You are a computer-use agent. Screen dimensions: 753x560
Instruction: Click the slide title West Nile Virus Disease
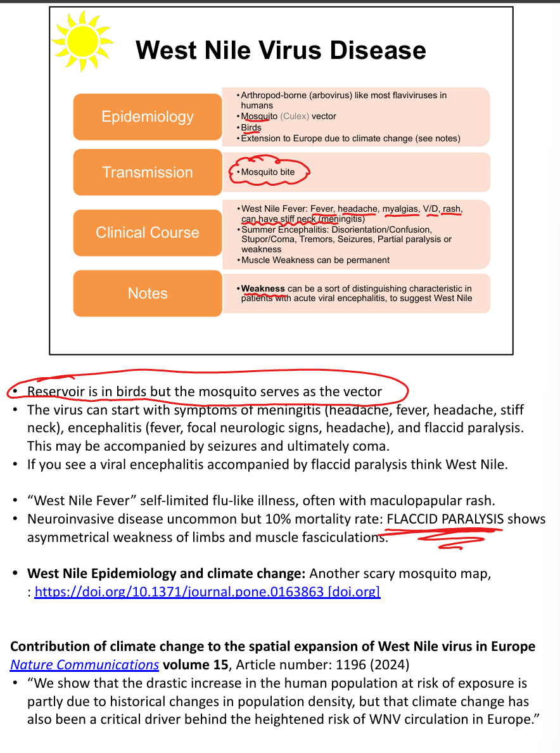281,50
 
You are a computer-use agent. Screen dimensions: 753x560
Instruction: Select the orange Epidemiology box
148,117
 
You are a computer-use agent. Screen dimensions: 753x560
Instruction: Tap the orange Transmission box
148,172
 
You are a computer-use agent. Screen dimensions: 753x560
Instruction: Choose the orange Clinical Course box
148,233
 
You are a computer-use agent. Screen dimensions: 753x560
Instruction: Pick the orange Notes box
148,293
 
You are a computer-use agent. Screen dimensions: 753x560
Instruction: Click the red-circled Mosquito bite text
268,172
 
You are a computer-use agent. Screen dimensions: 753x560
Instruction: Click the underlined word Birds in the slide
251,127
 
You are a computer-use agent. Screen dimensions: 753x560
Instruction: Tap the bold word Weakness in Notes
263,289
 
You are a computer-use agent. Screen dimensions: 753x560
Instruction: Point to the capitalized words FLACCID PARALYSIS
444,519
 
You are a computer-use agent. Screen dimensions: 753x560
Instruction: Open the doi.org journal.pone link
207,592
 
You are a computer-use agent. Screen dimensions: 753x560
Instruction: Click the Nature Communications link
84,665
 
